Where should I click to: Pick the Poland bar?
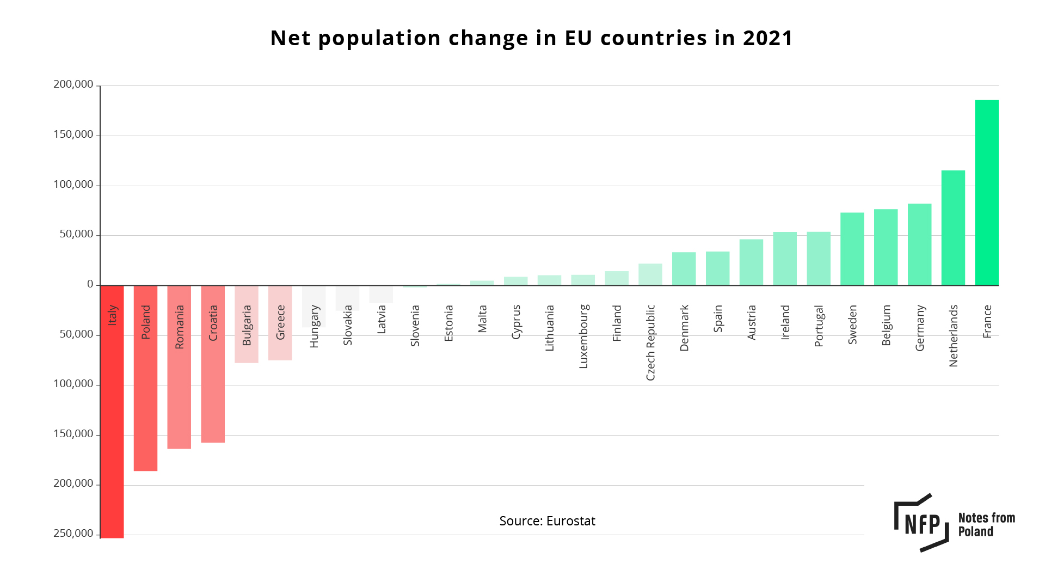(145, 392)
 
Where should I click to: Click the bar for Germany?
(919, 244)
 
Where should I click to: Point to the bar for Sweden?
(852, 249)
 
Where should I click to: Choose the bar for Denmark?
(684, 268)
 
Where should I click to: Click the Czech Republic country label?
(650, 342)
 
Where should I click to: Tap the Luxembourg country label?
(583, 336)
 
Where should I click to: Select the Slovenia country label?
(415, 326)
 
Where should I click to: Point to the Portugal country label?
(819, 326)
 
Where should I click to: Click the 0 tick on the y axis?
(90, 284)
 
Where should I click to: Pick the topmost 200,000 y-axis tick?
(73, 84)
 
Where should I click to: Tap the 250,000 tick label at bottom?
(73, 534)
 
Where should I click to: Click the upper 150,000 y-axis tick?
(73, 134)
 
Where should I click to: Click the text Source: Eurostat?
(547, 521)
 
